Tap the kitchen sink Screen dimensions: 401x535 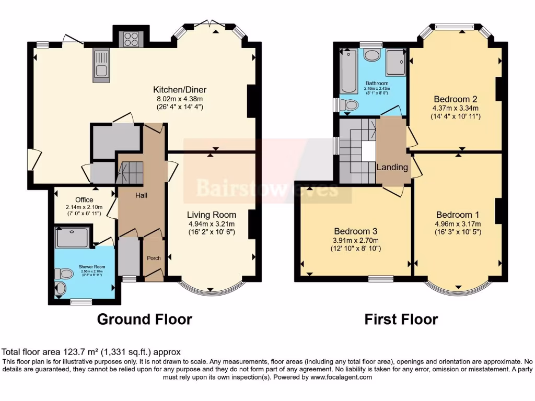click(x=101, y=65)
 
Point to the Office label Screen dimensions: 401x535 click(x=84, y=199)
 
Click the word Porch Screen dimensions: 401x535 click(x=154, y=258)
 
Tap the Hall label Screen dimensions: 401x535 click(x=142, y=195)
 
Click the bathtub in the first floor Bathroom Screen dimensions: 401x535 click(x=347, y=72)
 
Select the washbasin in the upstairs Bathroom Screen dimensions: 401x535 click(x=372, y=55)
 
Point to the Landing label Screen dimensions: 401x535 click(x=392, y=167)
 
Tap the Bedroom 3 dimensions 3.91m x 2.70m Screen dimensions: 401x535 click(x=356, y=240)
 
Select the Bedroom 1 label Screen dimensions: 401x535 click(x=457, y=215)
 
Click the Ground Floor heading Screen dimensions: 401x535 click(x=145, y=319)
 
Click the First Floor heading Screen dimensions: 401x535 click(x=401, y=319)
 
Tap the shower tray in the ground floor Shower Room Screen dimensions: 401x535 click(x=73, y=238)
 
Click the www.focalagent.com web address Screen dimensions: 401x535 click(x=341, y=376)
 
